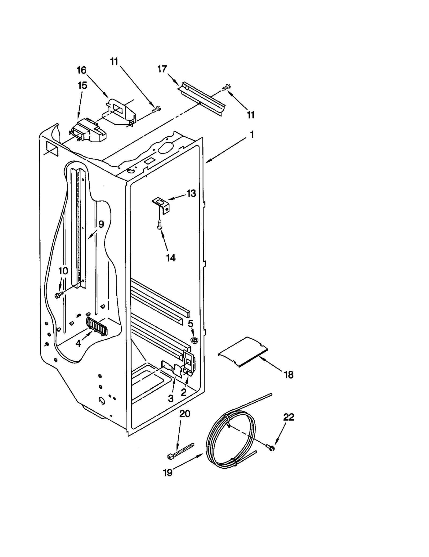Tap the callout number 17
click(x=162, y=69)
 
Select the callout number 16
click(x=82, y=70)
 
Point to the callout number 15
click(x=82, y=86)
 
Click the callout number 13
click(x=191, y=193)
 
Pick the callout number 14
click(x=171, y=258)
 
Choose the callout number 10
click(x=63, y=271)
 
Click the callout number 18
click(x=289, y=375)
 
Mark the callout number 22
click(x=289, y=417)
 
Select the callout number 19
click(x=168, y=472)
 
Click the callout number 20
click(x=185, y=414)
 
